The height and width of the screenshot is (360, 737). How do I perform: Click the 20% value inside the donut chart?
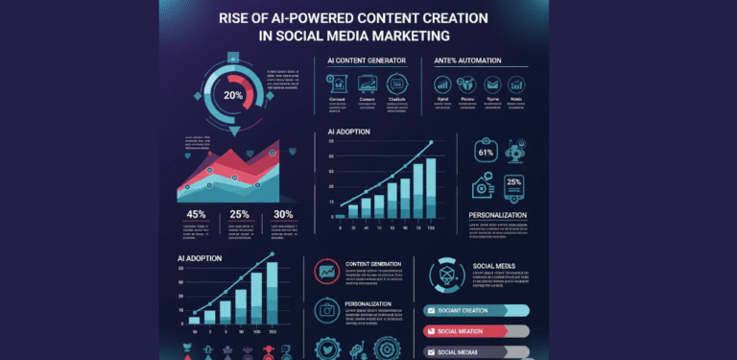233,95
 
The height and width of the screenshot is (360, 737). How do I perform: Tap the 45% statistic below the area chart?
196,214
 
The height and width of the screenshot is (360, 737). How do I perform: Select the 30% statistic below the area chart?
283,214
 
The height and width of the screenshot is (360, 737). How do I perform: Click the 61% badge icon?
485,152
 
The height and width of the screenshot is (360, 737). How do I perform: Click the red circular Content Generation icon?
326,272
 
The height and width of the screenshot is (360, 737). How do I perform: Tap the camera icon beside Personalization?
326,310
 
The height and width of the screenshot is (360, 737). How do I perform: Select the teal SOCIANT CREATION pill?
476,310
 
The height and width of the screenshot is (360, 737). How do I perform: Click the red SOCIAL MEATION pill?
476,330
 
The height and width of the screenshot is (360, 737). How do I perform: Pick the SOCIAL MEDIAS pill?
476,351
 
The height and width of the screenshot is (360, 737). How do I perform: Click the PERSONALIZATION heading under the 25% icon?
498,215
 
